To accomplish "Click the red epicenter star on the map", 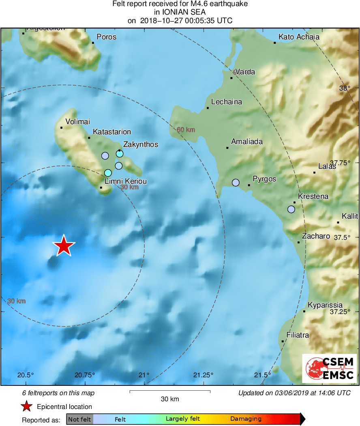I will point(64,246).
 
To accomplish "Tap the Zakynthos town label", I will point(140,144).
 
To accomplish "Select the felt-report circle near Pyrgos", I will point(236,183).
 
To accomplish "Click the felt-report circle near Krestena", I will point(291,209).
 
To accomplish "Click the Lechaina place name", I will point(227,102).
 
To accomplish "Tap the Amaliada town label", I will point(246,142).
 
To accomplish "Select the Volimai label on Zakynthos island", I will point(77,122).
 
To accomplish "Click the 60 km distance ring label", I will point(186,130).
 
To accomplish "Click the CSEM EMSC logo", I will point(329,368).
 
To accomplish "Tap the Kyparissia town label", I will point(325,305).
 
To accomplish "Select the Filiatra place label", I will point(298,335).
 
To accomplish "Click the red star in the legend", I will point(27,407).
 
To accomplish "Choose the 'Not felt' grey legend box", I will point(79,419).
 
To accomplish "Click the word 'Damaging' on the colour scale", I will point(246,419).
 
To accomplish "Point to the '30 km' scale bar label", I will point(170,399).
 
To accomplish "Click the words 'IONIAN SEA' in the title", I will point(180,13).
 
